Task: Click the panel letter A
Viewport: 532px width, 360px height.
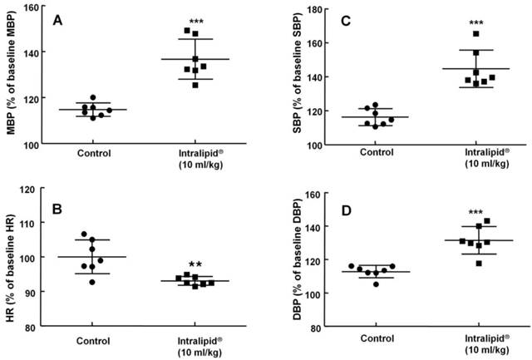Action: click(57, 18)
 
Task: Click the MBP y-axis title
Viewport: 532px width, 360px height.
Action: click(10, 76)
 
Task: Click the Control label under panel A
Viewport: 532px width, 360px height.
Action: click(96, 153)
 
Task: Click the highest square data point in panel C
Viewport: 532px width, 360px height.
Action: click(476, 34)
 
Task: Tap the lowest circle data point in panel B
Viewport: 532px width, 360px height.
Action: click(93, 282)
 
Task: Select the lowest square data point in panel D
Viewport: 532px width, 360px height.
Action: click(478, 264)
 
